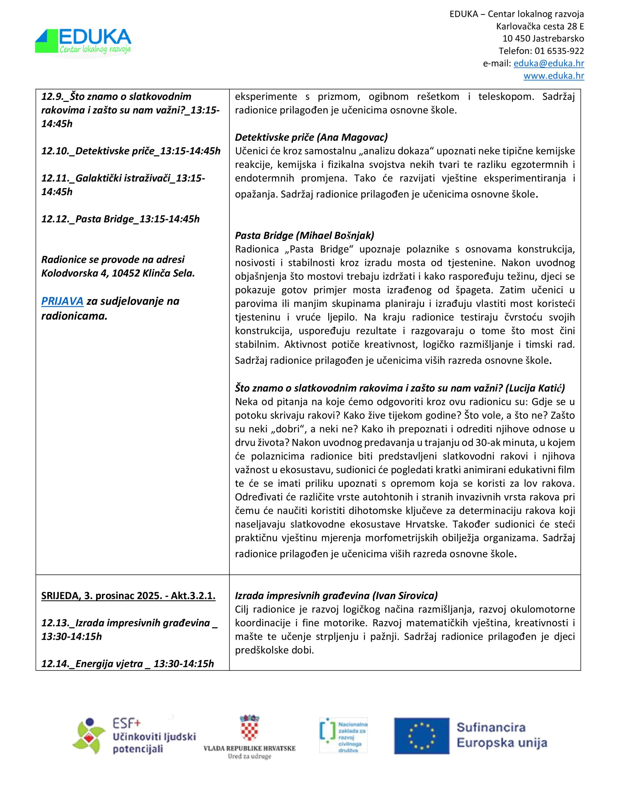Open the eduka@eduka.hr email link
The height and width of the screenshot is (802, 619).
tap(549, 64)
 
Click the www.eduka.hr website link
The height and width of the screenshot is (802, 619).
tap(553, 76)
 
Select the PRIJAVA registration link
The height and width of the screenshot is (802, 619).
tap(62, 301)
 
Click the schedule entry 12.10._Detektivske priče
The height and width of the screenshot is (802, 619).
tap(130, 151)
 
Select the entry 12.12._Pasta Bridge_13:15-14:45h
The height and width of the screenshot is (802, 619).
tap(120, 219)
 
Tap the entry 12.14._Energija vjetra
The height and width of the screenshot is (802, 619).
tap(127, 664)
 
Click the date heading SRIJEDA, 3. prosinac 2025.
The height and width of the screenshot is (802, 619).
tap(128, 596)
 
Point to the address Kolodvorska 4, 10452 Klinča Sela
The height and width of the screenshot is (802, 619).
tap(118, 273)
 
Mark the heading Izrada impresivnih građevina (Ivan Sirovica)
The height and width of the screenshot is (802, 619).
tap(336, 596)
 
